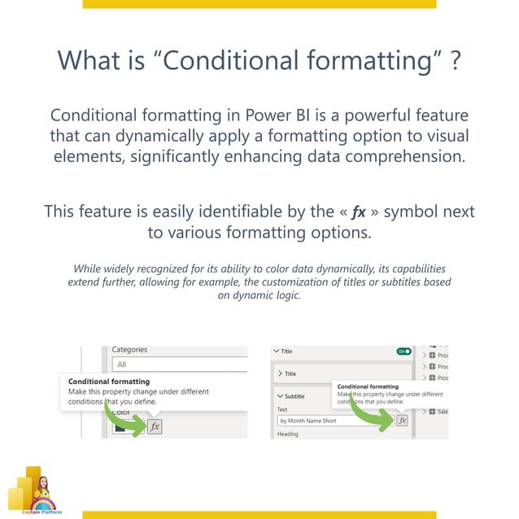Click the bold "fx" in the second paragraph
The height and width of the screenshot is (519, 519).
click(358, 212)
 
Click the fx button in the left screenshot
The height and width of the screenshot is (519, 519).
click(155, 425)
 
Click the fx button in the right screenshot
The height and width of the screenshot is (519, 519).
click(401, 420)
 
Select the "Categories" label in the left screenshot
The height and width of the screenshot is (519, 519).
click(129, 350)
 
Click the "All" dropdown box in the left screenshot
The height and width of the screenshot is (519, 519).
click(179, 365)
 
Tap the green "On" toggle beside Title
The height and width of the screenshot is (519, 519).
click(403, 351)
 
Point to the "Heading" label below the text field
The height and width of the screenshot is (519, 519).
click(288, 434)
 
